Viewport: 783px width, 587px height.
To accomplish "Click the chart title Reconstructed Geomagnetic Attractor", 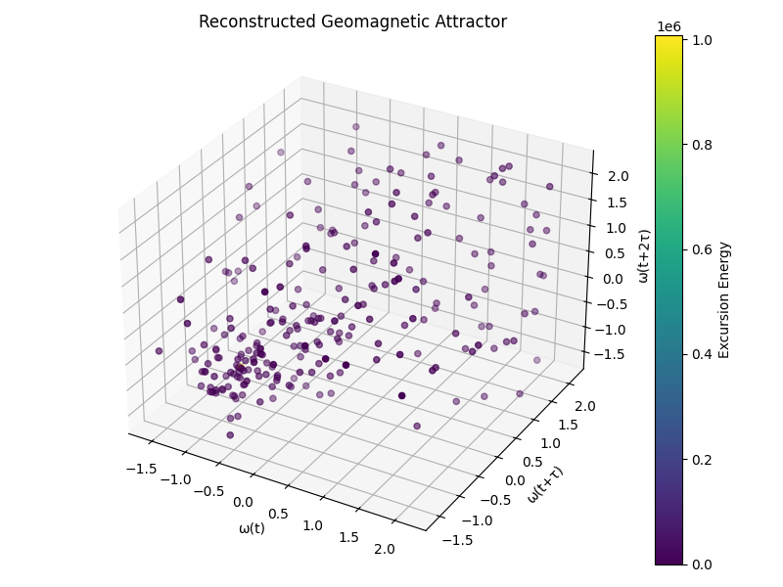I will [x=352, y=22].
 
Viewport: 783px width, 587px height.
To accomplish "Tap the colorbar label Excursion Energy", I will [x=725, y=299].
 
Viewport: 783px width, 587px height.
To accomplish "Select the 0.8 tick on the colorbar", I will [x=702, y=145].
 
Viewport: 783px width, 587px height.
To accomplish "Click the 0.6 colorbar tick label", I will [x=702, y=249].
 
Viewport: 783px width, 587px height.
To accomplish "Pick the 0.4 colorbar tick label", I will [x=702, y=354].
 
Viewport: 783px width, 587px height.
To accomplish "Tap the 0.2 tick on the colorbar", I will [x=702, y=459].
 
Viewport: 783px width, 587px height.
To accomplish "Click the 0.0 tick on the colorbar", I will [x=702, y=564].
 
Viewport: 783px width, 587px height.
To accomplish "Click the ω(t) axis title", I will [x=253, y=528].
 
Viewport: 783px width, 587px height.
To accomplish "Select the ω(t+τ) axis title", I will [x=544, y=483].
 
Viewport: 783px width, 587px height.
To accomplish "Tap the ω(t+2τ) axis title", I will [x=643, y=257].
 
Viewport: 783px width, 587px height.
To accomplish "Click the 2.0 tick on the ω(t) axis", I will [x=385, y=550].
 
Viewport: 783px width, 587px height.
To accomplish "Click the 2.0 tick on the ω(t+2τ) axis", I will [x=616, y=177].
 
